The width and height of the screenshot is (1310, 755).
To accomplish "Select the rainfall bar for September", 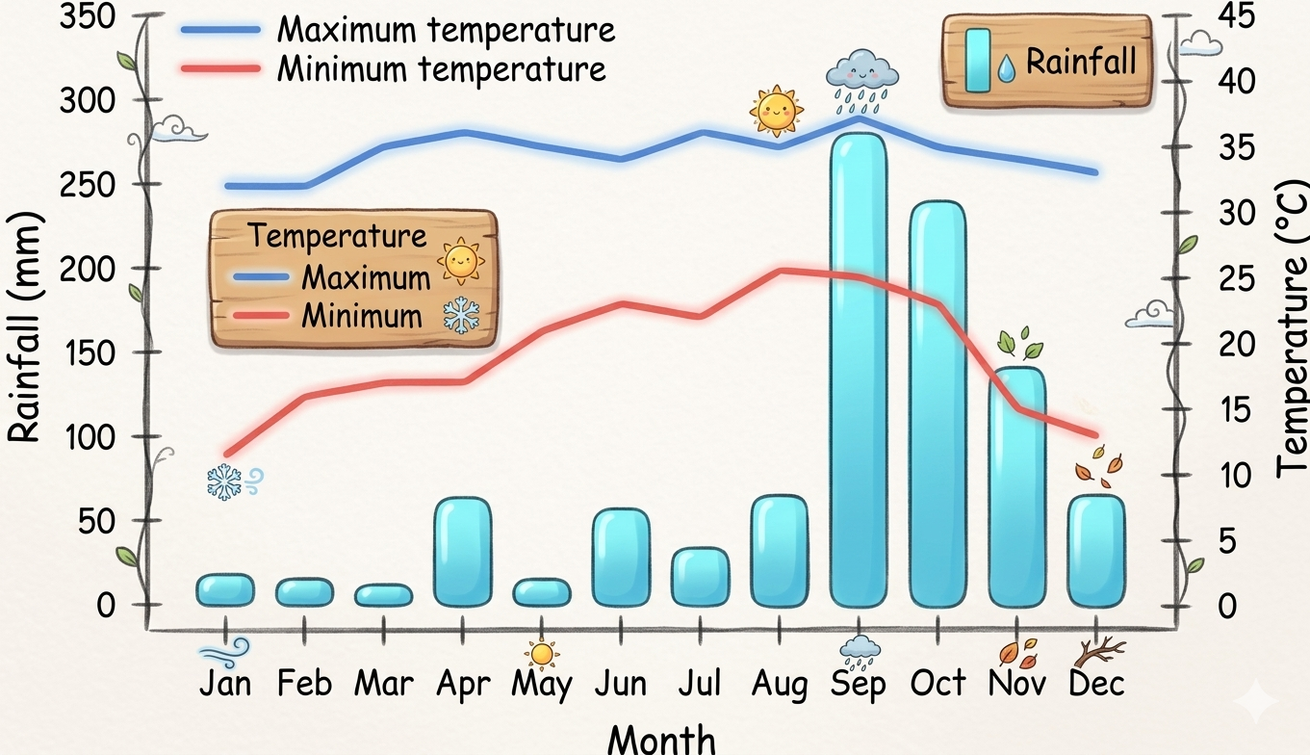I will tap(858, 371).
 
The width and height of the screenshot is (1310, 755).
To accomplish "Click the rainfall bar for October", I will tap(938, 404).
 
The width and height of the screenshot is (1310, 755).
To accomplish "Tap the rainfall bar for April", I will tap(463, 552).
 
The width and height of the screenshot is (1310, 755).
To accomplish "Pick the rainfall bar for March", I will tap(384, 595).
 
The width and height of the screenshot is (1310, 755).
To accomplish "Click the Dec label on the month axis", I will tap(1096, 684).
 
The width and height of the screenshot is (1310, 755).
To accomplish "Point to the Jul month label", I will tap(700, 684).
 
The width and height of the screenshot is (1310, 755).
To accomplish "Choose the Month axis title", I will tap(662, 739).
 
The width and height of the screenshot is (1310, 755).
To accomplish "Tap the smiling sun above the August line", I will tap(776, 110).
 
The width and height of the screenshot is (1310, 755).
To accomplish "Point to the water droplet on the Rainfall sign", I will tap(1006, 66).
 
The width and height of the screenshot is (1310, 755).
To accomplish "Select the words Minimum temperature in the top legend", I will tap(442, 68).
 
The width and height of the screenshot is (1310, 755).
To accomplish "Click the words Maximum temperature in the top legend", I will tap(446, 30).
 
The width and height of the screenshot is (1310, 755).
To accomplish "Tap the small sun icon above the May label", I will tap(542, 654).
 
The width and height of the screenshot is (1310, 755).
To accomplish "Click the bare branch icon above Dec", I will tap(1098, 652).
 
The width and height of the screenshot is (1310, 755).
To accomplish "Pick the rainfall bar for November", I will tap(1016, 487).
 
